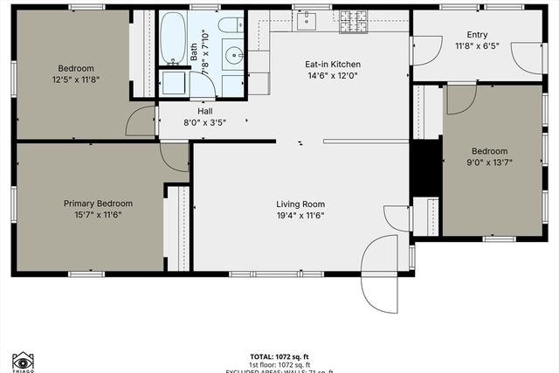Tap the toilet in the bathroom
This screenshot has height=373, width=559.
tap(231, 25)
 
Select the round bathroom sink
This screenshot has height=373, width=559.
tap(234, 58)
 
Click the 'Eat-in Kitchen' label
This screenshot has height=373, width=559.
tap(332, 65)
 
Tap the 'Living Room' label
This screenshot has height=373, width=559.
tap(301, 204)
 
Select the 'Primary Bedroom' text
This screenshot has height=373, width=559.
tap(96, 204)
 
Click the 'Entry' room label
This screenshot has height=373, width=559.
tap(477, 35)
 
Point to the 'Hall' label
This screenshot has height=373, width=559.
tap(205, 112)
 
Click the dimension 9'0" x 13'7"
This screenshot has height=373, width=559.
tap(489, 162)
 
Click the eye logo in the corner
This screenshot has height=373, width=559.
tap(22, 361)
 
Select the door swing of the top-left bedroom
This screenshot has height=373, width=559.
tap(141, 121)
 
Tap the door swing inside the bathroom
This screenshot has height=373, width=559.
tap(171, 84)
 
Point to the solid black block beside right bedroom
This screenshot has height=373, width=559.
tap(425, 166)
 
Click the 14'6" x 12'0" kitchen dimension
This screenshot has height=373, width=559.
tap(332, 76)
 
